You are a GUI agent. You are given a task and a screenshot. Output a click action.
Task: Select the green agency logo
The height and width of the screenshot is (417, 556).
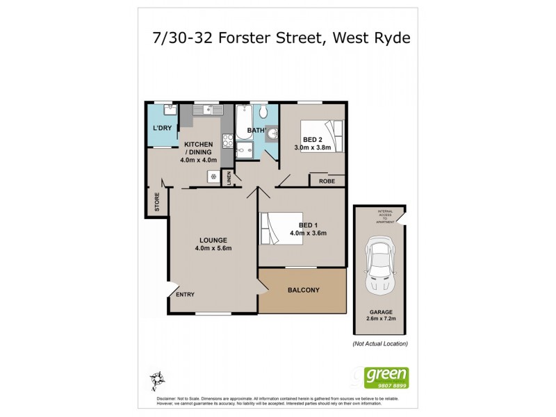pyautogui.click(x=387, y=377)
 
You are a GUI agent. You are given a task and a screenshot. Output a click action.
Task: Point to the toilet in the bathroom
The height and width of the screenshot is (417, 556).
pyautogui.click(x=263, y=113)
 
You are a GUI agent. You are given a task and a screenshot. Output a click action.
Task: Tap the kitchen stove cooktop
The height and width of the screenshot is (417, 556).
pyautogui.click(x=227, y=141)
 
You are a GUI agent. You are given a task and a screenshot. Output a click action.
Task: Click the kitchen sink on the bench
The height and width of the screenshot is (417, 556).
pyautogui.click(x=207, y=110)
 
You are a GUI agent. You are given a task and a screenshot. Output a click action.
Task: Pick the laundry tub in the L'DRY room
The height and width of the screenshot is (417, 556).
pyautogui.click(x=167, y=110)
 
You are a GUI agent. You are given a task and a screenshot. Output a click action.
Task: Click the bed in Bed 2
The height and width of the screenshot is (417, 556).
pyautogui.click(x=321, y=136)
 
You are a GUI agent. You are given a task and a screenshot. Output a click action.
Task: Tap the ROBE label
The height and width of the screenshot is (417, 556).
pyautogui.click(x=327, y=181)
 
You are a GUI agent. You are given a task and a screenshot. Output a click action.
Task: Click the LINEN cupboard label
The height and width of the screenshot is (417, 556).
pyautogui.click(x=229, y=179)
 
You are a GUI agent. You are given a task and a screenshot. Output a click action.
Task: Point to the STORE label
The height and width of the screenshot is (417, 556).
pyautogui.click(x=157, y=202)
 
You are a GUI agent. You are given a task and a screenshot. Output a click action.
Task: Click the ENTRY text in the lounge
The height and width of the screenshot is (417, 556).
pyautogui.click(x=185, y=294)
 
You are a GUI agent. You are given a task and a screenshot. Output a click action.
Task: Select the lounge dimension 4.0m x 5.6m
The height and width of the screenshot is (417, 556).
pyautogui.click(x=213, y=248)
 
